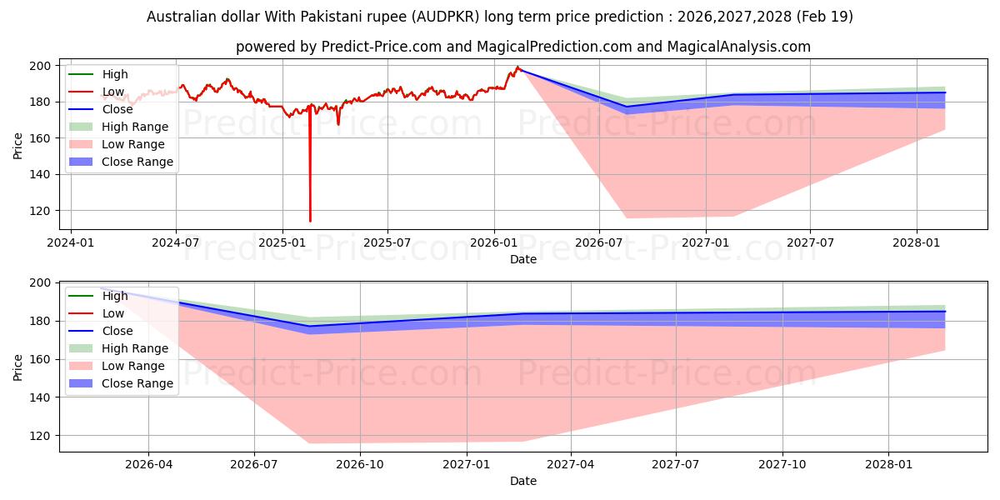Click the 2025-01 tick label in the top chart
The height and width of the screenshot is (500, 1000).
[282, 242]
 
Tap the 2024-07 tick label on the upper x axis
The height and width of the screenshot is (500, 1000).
[176, 242]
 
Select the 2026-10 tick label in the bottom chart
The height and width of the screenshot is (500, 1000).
[360, 465]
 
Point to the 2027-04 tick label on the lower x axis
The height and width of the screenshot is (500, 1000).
[571, 465]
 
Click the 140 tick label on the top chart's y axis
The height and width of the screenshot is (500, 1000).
[40, 174]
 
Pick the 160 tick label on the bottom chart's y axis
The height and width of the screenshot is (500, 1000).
[40, 359]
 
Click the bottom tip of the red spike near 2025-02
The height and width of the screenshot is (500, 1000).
[310, 222]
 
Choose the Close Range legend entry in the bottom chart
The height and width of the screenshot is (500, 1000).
[121, 383]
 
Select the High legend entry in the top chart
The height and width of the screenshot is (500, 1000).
[98, 74]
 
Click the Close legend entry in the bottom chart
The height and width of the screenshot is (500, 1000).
[101, 331]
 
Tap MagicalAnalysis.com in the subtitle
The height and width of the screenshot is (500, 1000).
[739, 47]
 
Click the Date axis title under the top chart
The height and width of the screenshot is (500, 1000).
[523, 259]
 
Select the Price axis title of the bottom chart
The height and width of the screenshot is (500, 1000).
[17, 367]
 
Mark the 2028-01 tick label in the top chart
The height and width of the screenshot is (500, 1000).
[916, 242]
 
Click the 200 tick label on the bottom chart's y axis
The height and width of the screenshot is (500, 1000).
[40, 283]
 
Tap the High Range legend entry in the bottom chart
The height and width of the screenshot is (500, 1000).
[118, 348]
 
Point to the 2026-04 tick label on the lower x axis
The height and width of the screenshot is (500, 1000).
[148, 465]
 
